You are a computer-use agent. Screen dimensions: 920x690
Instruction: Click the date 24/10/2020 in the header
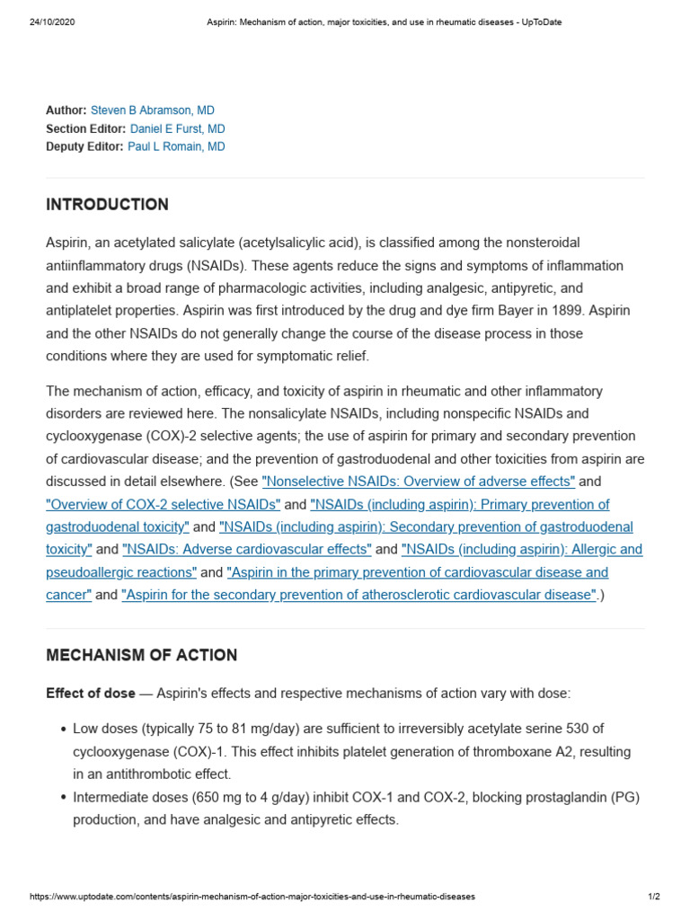tap(53, 22)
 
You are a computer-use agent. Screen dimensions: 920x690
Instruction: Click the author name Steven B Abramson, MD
tap(152, 111)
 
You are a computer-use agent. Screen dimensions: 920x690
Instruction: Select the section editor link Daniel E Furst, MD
tap(177, 128)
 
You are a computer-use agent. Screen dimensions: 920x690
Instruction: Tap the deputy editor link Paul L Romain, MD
tap(176, 146)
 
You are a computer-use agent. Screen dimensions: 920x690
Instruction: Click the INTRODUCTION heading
tap(107, 205)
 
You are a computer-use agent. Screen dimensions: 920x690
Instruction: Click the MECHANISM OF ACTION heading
tap(141, 656)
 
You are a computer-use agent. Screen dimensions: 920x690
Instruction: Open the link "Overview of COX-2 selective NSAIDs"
tap(164, 505)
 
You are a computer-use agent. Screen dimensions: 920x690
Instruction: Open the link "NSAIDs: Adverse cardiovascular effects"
tap(247, 550)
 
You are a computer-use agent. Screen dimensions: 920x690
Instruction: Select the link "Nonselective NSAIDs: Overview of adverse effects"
tap(418, 482)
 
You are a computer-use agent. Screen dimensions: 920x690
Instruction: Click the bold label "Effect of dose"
tap(91, 694)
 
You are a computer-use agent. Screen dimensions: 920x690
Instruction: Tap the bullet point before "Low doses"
tap(63, 729)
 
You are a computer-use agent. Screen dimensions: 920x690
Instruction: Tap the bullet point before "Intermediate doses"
tap(63, 798)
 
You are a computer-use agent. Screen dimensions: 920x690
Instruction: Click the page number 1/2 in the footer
tap(653, 897)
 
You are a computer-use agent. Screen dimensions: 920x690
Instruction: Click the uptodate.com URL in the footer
tap(252, 897)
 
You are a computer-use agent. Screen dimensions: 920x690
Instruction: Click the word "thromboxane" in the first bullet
tap(522, 751)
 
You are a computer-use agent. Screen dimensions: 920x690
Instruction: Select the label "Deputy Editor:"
tap(84, 146)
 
